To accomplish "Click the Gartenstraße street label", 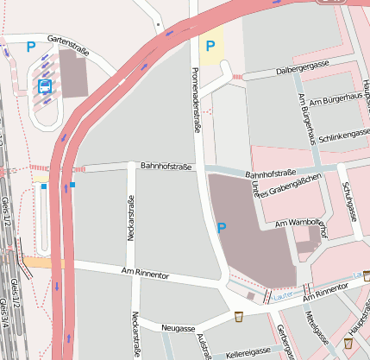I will coord(68,41).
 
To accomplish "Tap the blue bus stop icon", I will coord(45,85).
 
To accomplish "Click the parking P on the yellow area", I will coord(210,45).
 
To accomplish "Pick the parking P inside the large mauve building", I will coord(222,228).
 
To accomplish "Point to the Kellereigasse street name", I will coord(248,353).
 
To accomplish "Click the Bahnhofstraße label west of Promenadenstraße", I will coord(165,164).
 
